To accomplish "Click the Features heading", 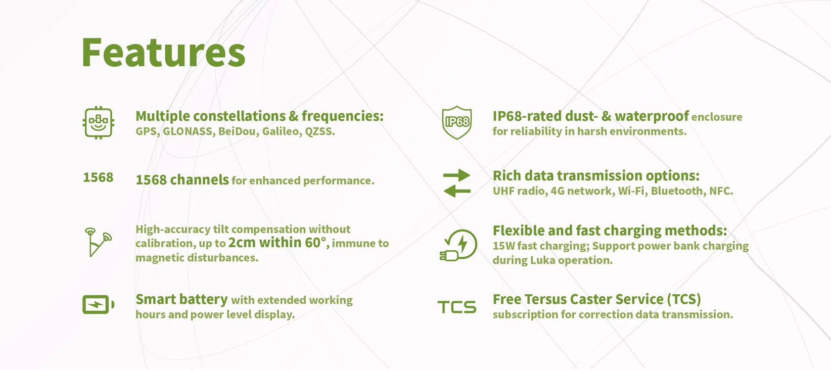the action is tap(163, 52).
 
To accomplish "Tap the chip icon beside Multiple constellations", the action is tap(98, 123).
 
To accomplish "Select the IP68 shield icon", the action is tap(457, 123).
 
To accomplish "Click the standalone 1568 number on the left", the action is tap(98, 178).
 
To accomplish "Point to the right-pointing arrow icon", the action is tap(457, 175).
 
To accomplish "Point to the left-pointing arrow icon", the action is tap(457, 191).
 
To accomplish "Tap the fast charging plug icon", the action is tap(458, 245).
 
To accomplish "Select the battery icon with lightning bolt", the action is tap(98, 305).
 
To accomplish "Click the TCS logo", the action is tap(457, 307).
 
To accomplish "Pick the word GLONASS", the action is tap(188, 132).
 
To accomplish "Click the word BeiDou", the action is tap(238, 132).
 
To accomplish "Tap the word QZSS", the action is tap(320, 132).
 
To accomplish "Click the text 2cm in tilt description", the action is tap(242, 243).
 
